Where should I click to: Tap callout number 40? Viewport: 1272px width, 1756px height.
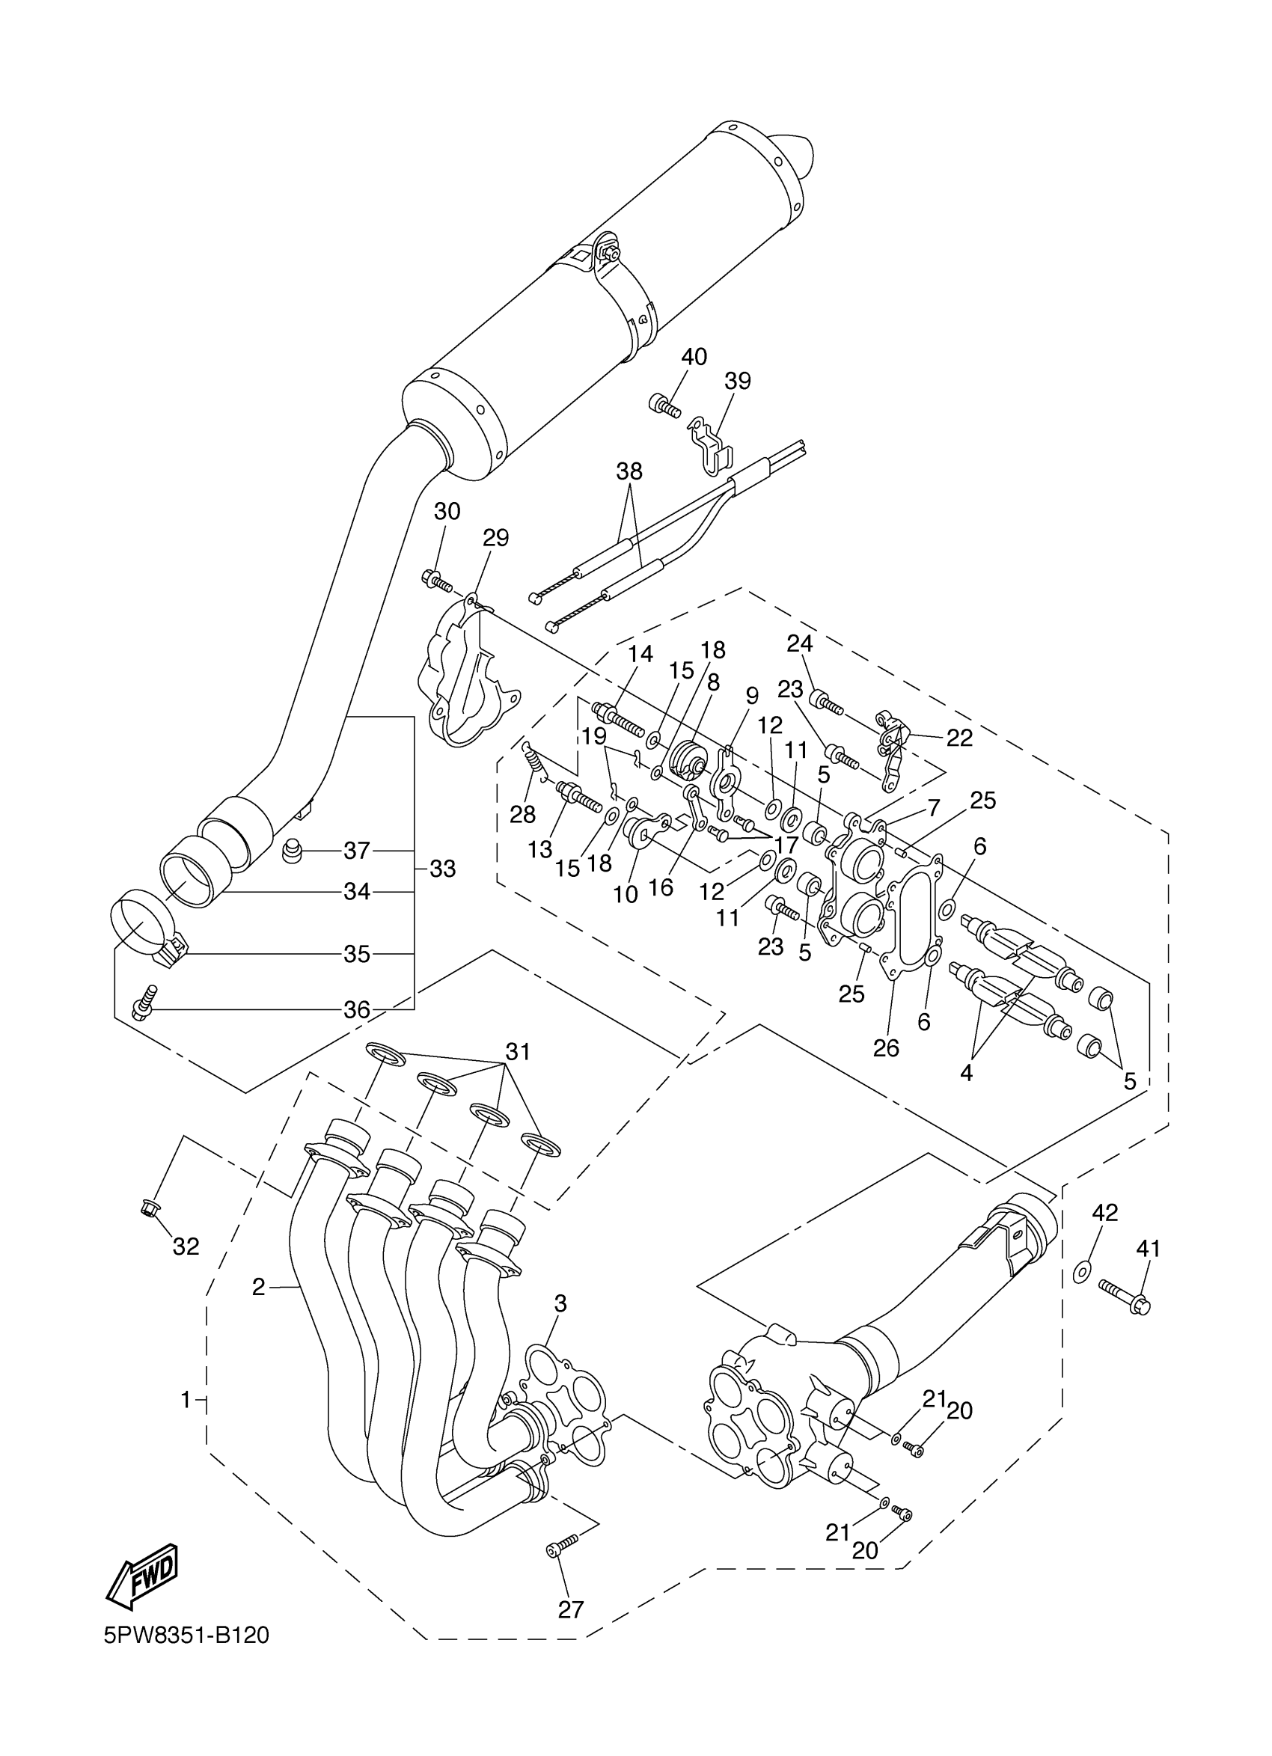[x=694, y=357]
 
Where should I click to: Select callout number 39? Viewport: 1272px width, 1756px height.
[x=737, y=381]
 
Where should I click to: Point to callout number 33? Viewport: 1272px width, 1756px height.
[x=442, y=869]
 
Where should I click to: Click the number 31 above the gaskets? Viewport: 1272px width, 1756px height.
[x=518, y=1051]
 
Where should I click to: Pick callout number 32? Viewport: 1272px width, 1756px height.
[x=186, y=1246]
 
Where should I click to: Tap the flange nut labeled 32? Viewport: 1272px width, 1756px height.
[x=150, y=1206]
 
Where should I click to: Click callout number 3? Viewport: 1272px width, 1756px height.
[x=560, y=1303]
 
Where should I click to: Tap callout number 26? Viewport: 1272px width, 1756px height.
[x=886, y=1047]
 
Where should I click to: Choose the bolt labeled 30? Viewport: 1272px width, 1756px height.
[x=438, y=578]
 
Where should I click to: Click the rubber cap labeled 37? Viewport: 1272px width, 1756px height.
[x=291, y=851]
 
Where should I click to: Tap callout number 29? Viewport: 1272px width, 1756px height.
[x=495, y=537]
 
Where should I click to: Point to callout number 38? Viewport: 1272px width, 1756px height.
[x=629, y=471]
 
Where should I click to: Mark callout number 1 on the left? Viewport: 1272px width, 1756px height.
[x=185, y=1399]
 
